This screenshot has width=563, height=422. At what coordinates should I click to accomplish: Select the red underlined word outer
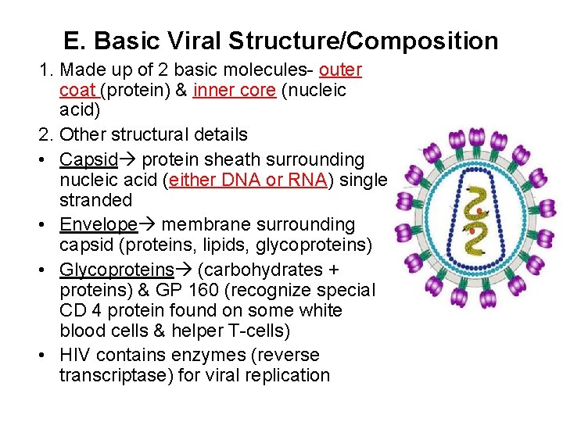click(x=341, y=70)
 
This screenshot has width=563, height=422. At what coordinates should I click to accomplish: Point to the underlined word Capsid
click(x=88, y=160)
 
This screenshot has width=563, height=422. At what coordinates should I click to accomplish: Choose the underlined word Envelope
click(x=98, y=225)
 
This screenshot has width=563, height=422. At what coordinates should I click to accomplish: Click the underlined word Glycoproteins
click(x=117, y=270)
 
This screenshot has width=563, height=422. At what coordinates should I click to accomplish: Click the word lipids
click(x=211, y=245)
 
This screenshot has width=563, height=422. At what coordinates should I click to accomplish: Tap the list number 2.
click(x=45, y=134)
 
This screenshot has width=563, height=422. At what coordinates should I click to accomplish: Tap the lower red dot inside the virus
click(x=471, y=231)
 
